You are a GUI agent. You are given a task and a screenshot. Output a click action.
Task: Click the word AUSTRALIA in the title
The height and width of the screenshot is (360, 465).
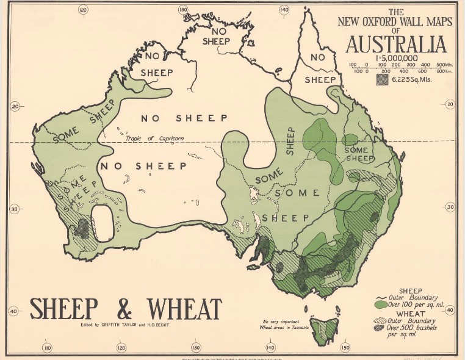point(396,45)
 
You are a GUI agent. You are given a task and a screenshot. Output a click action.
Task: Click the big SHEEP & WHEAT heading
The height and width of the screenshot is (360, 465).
point(126,309)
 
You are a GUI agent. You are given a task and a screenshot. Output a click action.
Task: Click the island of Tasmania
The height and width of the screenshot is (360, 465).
point(323,329)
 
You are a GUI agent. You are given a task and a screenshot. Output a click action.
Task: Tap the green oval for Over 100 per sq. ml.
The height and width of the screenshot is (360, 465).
point(381,303)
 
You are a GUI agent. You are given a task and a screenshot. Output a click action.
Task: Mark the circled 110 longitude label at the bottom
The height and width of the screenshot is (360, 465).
point(47,348)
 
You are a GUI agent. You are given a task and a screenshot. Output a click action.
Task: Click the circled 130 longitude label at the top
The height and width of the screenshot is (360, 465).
point(182,9)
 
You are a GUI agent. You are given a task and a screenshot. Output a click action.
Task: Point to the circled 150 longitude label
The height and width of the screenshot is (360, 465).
point(345,348)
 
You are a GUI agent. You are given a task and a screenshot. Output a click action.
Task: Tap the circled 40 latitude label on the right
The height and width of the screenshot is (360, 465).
point(450,311)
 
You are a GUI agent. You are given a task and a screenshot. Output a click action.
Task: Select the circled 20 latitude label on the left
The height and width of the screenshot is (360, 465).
point(14,106)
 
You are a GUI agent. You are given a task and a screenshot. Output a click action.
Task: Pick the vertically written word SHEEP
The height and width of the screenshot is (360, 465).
point(290,141)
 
